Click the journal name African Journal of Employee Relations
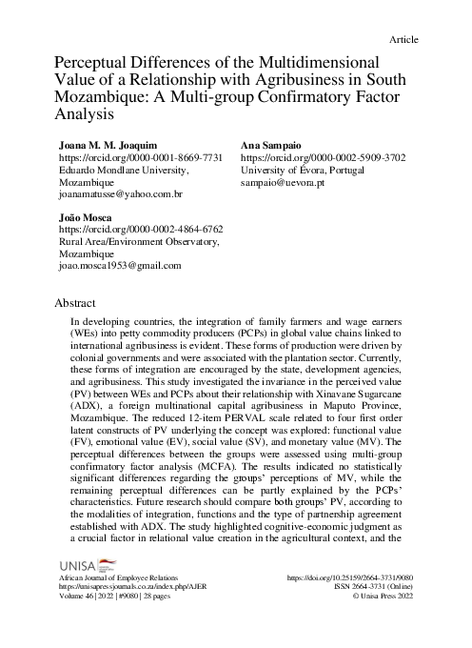tap(119, 577)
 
